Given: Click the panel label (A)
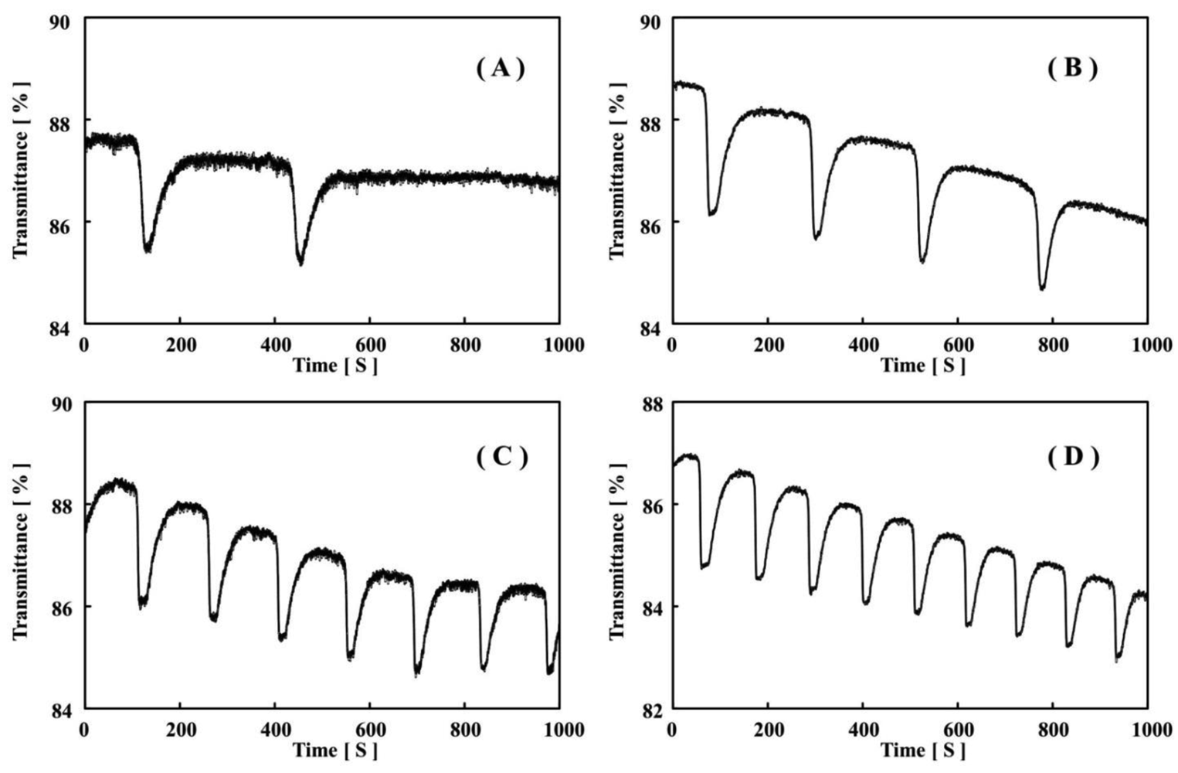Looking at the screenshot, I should pyautogui.click(x=500, y=69).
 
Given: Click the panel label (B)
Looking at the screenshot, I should pyautogui.click(x=1072, y=69).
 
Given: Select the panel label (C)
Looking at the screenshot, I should pyautogui.click(x=501, y=457).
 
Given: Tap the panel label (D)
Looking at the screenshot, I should pyautogui.click(x=1072, y=457).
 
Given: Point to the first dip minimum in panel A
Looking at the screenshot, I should pyautogui.click(x=148, y=250).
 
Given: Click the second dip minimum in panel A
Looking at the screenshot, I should pyautogui.click(x=300, y=263).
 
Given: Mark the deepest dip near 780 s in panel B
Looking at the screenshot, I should pyautogui.click(x=1042, y=288).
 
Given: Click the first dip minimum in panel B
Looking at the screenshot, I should pyautogui.click(x=711, y=213).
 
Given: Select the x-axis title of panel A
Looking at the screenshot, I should pyautogui.click(x=334, y=365).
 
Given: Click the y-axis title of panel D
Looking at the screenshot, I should pyautogui.click(x=617, y=552).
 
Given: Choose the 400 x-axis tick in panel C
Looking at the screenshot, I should pyautogui.click(x=274, y=729).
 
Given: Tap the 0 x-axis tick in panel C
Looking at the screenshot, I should pyautogui.click(x=84, y=729).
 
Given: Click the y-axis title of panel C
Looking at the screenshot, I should pyautogui.click(x=21, y=552).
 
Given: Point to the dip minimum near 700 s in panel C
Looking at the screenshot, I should pyautogui.click(x=417, y=673).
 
